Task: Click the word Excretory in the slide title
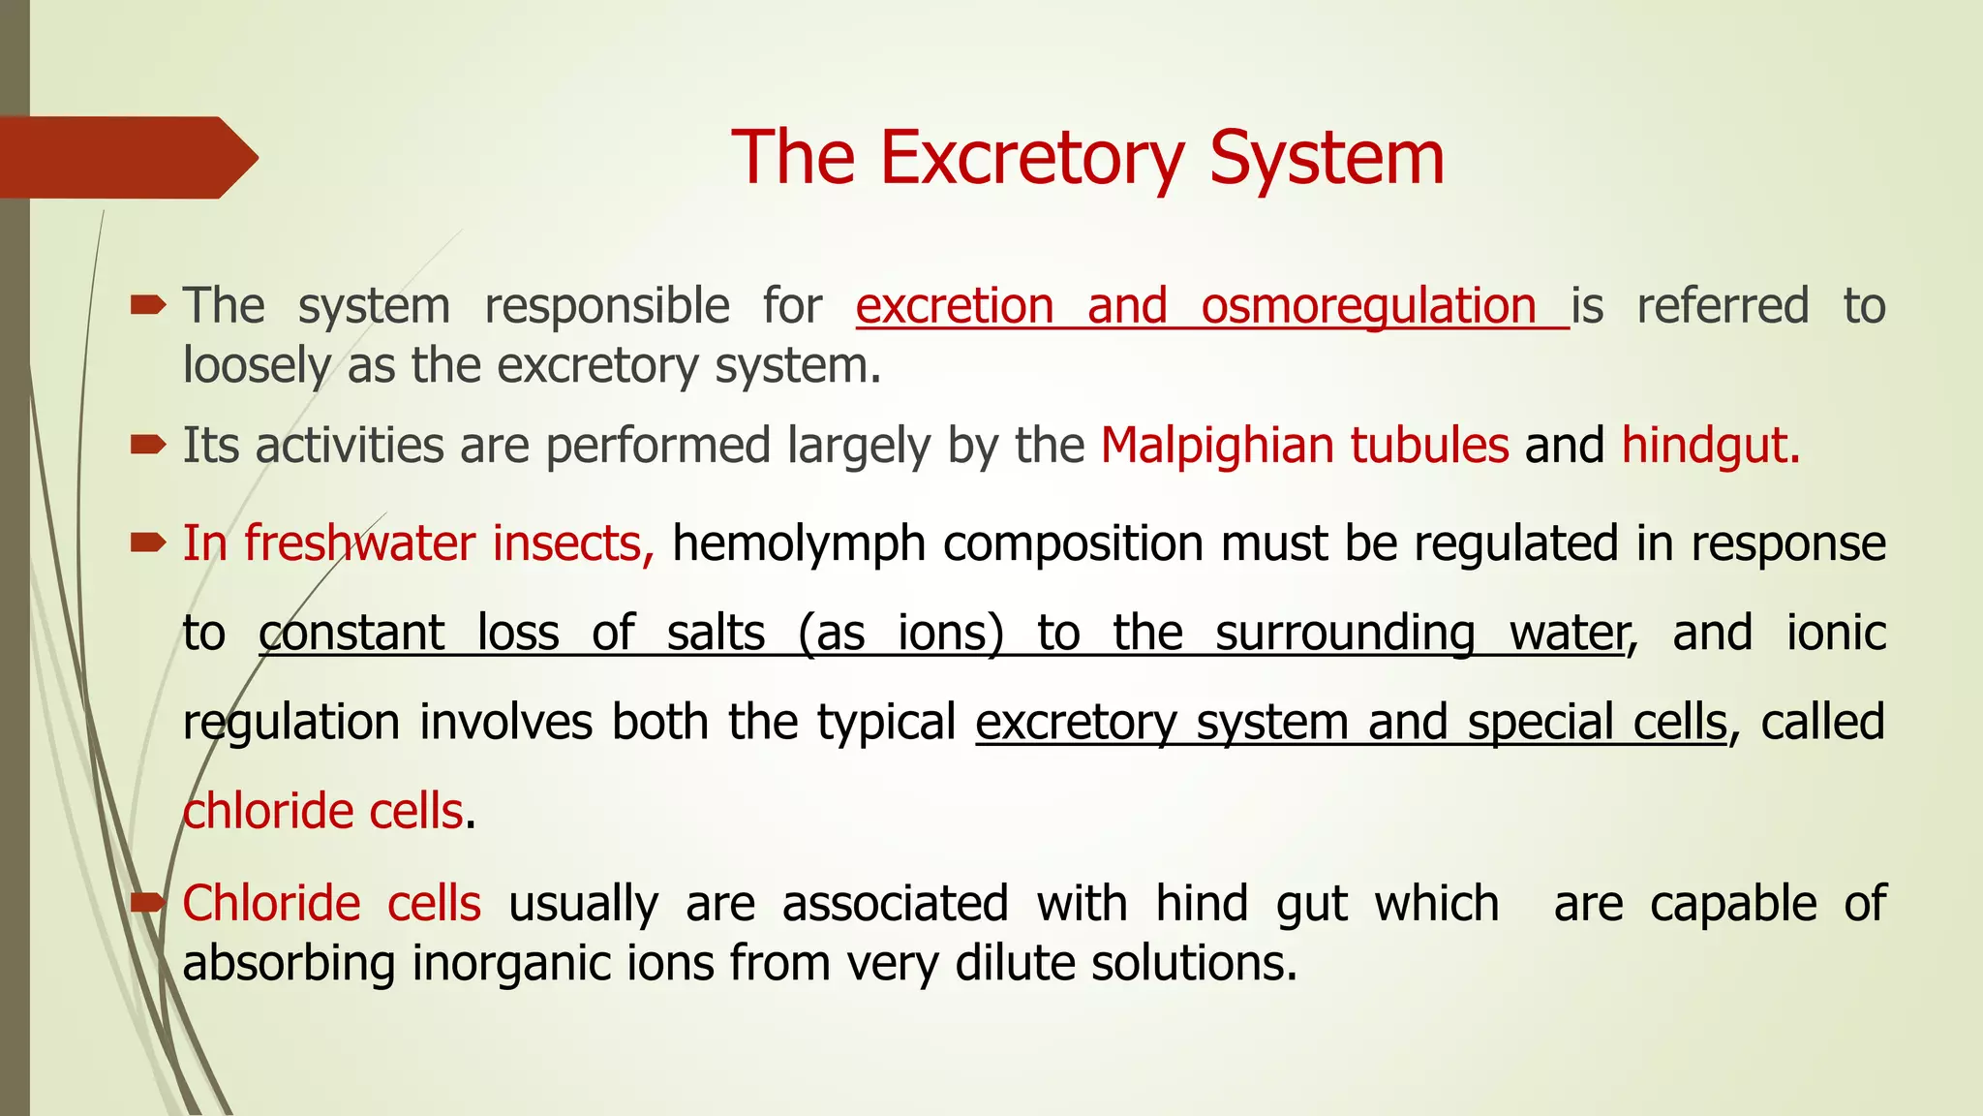pos(1030,159)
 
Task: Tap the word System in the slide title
pos(1326,159)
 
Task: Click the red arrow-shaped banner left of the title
pos(126,158)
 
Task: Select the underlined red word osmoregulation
pos(1368,307)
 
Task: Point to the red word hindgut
pos(1709,447)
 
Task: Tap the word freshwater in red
pos(359,543)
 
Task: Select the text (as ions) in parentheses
pos(900,634)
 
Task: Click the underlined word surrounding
pos(1345,634)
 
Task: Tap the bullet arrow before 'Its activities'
pos(148,445)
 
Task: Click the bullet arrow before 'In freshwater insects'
pos(148,542)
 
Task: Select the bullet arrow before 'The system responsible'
pos(148,306)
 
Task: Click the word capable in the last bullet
pos(1733,904)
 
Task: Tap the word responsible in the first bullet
pos(606,307)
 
